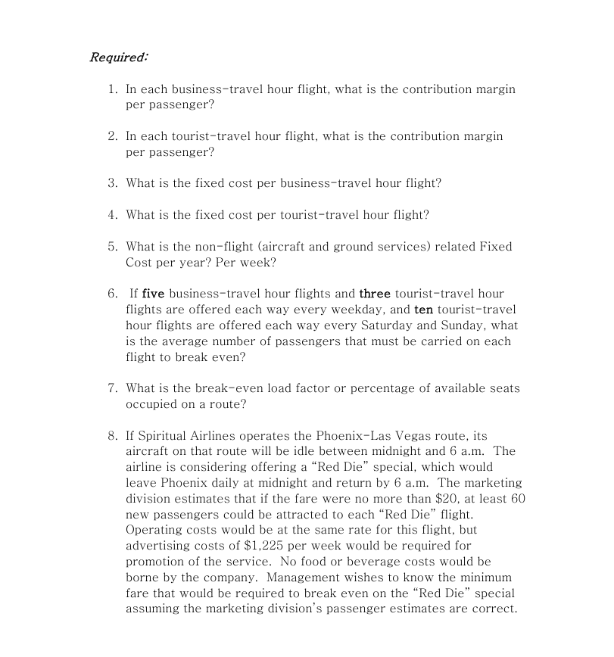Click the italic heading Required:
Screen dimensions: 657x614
pos(119,58)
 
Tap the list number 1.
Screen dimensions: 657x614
pos(112,89)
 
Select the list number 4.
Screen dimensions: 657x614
pos(112,215)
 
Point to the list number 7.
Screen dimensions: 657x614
pos(112,388)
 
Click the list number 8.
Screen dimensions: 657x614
pos(112,436)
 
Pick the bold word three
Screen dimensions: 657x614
pos(375,294)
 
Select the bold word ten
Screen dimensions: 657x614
pos(423,310)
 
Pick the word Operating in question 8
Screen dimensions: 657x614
pos(154,530)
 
